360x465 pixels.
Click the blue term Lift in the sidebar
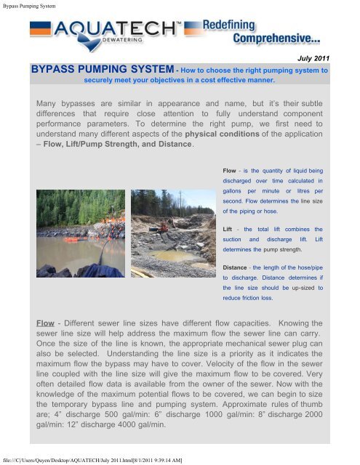[x=228, y=227]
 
